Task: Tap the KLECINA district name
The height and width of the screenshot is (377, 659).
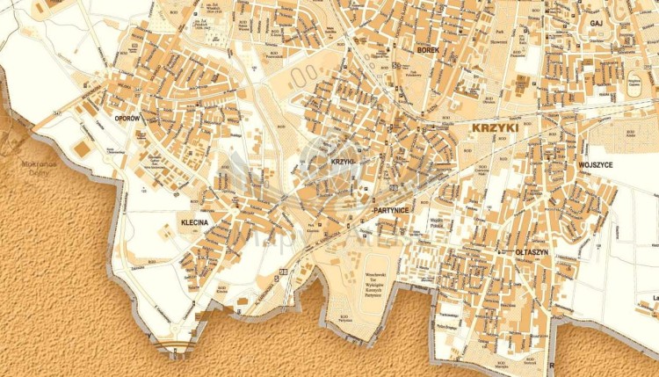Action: tap(194, 223)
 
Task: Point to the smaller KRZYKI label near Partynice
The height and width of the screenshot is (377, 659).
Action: tap(342, 163)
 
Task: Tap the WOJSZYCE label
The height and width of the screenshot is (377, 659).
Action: tap(595, 164)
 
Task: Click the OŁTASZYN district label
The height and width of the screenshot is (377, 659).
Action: tap(532, 252)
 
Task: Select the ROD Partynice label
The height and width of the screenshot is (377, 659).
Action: tap(340, 319)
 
